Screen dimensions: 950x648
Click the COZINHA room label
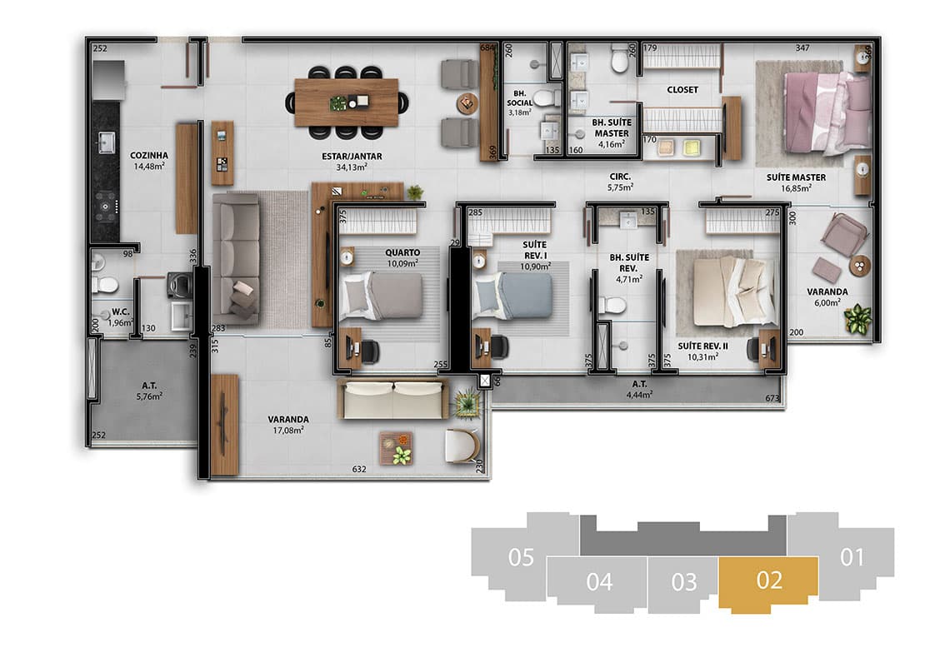pyautogui.click(x=149, y=155)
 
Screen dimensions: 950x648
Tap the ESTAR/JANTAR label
pyautogui.click(x=352, y=157)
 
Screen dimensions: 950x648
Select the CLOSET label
pyautogui.click(x=682, y=90)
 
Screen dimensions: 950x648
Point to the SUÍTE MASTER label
pyautogui.click(x=796, y=177)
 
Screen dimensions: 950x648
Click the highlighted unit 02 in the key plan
pyautogui.click(x=769, y=582)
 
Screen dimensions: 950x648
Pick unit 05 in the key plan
pyautogui.click(x=521, y=557)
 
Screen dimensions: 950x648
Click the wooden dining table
pyautogui.click(x=346, y=102)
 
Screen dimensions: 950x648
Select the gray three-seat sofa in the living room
pyautogui.click(x=237, y=258)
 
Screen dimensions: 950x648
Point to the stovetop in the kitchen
pyautogui.click(x=106, y=207)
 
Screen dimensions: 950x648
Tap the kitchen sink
pyautogui.click(x=106, y=142)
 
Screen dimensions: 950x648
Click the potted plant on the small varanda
pyautogui.click(x=857, y=318)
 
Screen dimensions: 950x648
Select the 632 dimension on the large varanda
pyautogui.click(x=359, y=469)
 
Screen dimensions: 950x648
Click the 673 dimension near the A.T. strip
pyautogui.click(x=772, y=398)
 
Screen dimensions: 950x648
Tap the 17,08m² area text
pyautogui.click(x=288, y=431)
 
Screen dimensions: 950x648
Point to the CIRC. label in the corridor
pyautogui.click(x=620, y=177)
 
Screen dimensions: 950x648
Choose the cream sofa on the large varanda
pyautogui.click(x=393, y=399)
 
